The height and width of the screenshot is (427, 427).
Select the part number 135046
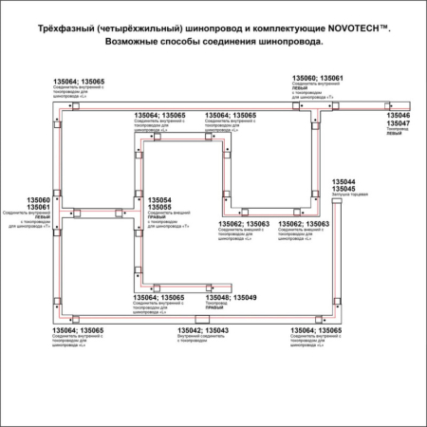pyautogui.click(x=399, y=115)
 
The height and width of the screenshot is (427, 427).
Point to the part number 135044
pyautogui.click(x=343, y=180)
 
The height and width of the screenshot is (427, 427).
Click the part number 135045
pyautogui.click(x=343, y=188)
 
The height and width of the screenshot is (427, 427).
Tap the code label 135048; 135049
pyautogui.click(x=232, y=298)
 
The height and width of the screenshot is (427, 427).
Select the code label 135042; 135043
pyautogui.click(x=202, y=330)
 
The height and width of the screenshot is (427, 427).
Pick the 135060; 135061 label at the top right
pyautogui.click(x=317, y=78)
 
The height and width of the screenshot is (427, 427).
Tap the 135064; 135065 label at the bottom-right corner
pyautogui.click(x=316, y=330)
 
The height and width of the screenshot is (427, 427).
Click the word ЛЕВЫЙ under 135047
pyautogui.click(x=393, y=137)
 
